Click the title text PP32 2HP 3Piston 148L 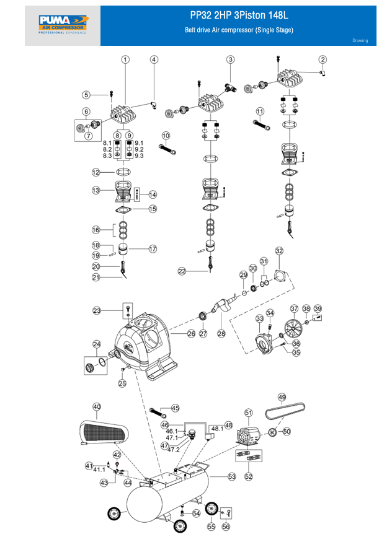239,16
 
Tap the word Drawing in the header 360,41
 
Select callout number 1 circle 125,60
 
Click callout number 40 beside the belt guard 97,407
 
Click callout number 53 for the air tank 232,476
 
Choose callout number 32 279,251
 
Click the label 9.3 139,156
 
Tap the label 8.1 107,143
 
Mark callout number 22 182,271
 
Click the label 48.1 217,428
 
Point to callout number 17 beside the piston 153,249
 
